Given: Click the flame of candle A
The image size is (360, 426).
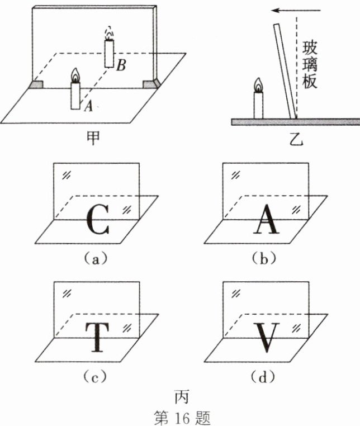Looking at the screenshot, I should [75, 75].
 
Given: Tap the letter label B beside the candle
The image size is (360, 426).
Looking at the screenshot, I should [121, 66].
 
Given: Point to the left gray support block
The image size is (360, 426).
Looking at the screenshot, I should [36, 84].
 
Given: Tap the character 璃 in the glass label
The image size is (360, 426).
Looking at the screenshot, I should [309, 63].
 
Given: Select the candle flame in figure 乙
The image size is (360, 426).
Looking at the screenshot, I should [258, 85].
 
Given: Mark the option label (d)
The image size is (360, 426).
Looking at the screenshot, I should [263, 378].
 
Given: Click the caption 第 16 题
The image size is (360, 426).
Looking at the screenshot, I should [180, 416].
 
